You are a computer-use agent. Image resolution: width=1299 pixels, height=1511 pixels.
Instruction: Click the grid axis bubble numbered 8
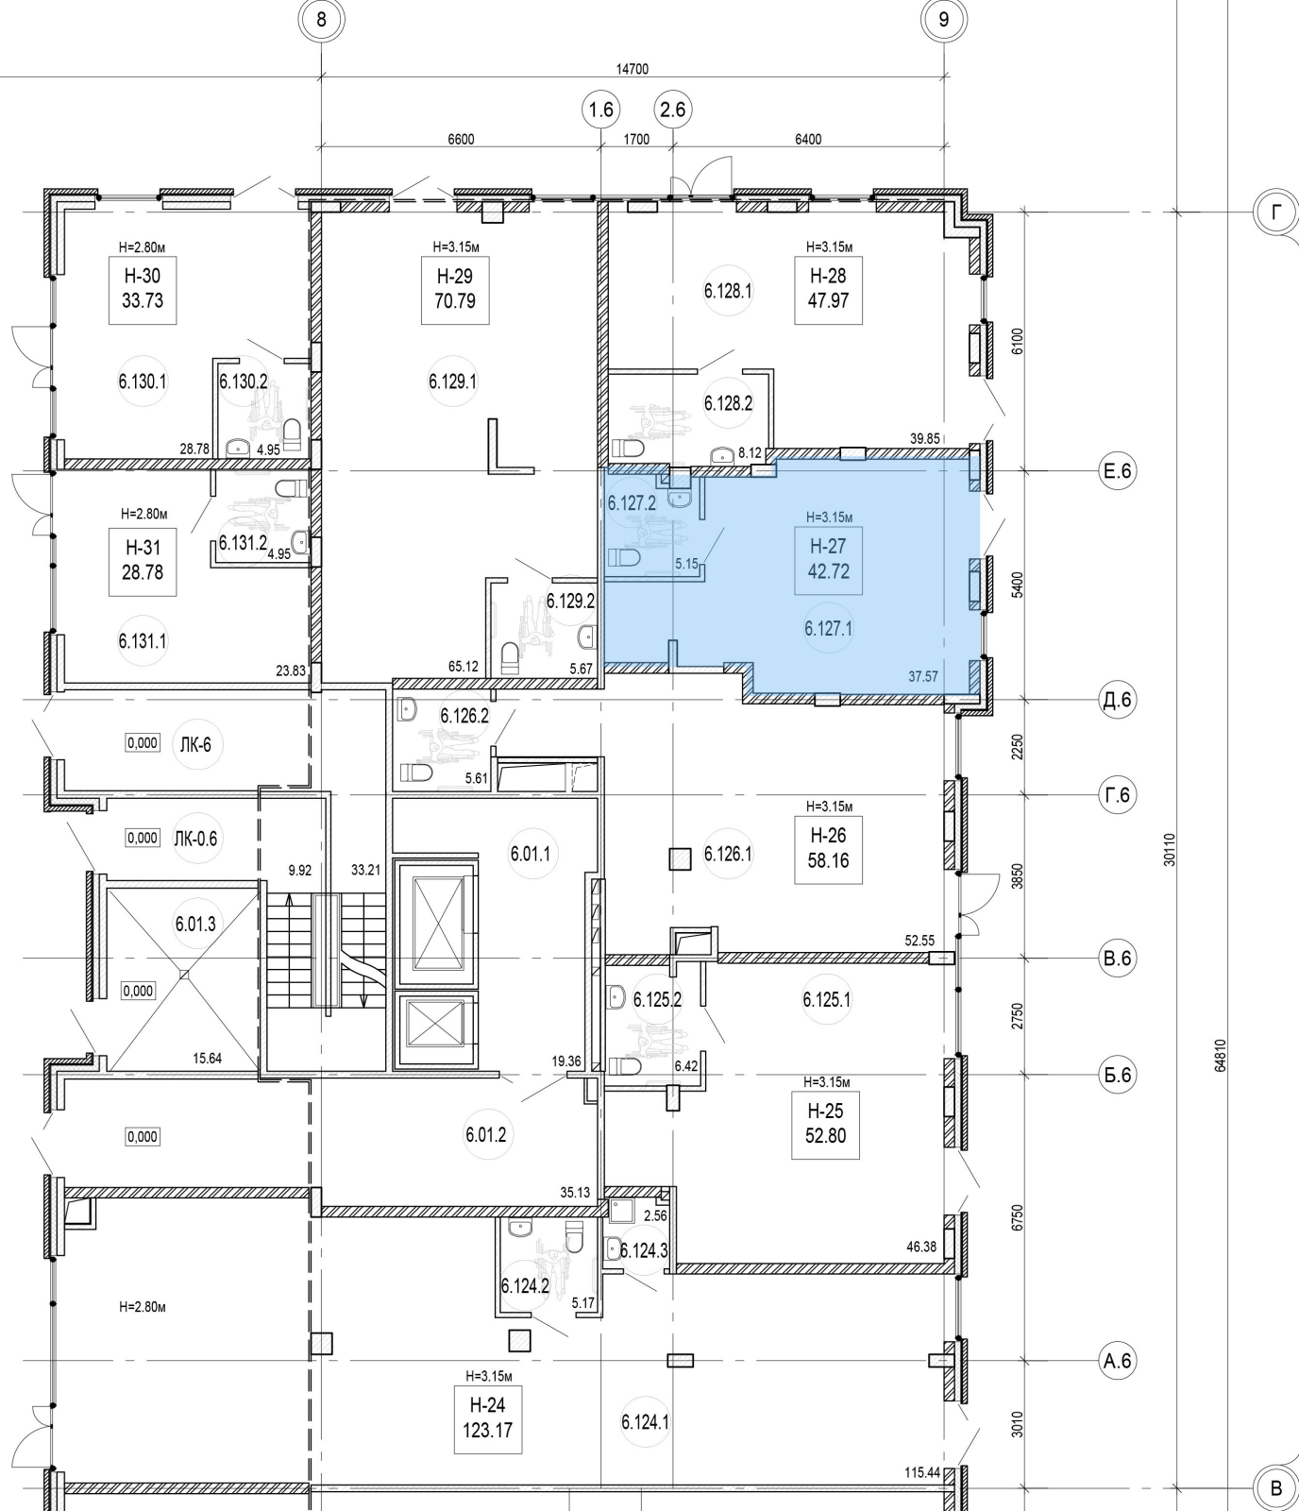coord(322,19)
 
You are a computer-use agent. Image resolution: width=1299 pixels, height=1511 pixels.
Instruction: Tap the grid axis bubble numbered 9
coord(943,19)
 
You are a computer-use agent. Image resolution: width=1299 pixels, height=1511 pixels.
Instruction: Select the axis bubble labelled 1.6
coord(600,110)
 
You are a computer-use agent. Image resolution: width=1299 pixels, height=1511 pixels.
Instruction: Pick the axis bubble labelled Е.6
coord(1116,470)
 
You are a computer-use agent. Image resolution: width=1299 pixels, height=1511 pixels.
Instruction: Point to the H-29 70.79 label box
coord(455,289)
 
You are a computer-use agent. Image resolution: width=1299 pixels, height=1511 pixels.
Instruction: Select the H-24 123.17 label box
coord(487,1418)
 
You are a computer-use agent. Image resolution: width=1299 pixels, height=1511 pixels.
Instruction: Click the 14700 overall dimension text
coord(632,69)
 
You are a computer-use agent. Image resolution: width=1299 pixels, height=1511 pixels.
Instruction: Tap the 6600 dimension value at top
coord(461,140)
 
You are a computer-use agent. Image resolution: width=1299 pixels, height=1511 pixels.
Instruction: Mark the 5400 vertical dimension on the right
coord(1017,584)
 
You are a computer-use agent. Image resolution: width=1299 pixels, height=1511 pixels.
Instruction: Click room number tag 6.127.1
coord(828,628)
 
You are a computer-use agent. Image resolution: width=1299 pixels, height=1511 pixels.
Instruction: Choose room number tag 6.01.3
coord(195,925)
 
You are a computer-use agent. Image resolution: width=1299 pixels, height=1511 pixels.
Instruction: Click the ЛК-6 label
coord(194,744)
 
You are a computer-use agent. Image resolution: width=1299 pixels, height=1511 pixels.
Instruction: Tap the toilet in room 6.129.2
coord(510,657)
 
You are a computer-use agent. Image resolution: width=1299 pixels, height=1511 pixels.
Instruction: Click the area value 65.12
coord(463,667)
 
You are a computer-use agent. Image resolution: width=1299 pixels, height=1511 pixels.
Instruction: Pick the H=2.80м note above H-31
coord(143,515)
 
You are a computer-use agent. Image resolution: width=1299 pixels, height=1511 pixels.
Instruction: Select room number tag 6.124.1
coord(645,1421)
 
